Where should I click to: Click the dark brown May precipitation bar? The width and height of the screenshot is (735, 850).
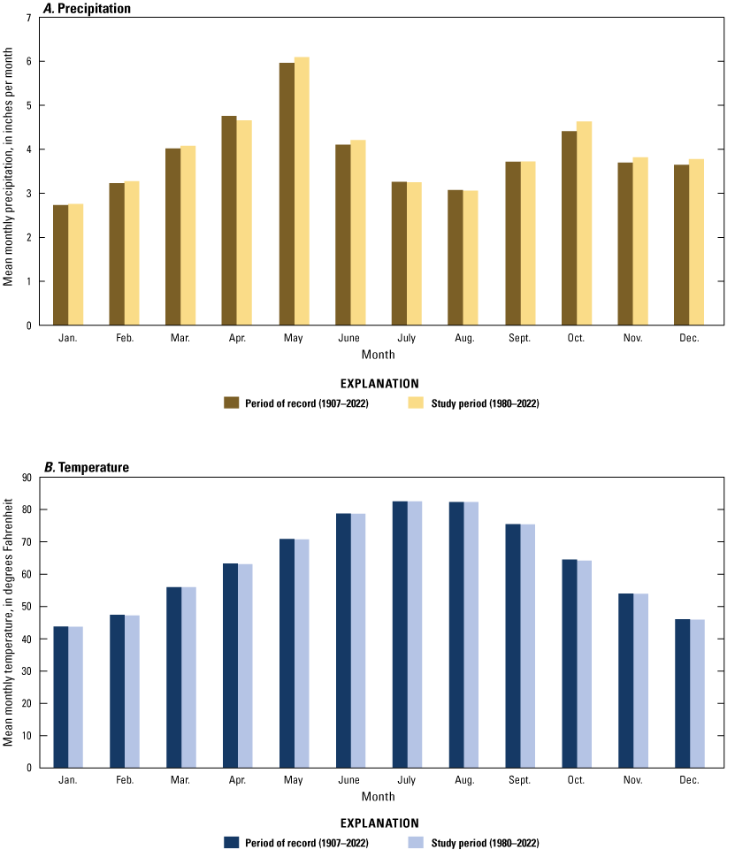pos(287,195)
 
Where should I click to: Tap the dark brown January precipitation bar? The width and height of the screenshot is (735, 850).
pos(60,265)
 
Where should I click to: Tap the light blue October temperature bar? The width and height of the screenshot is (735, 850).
pos(584,664)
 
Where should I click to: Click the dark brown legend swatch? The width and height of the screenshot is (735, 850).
pos(232,402)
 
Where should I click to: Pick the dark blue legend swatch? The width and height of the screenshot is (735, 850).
pos(232,842)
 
